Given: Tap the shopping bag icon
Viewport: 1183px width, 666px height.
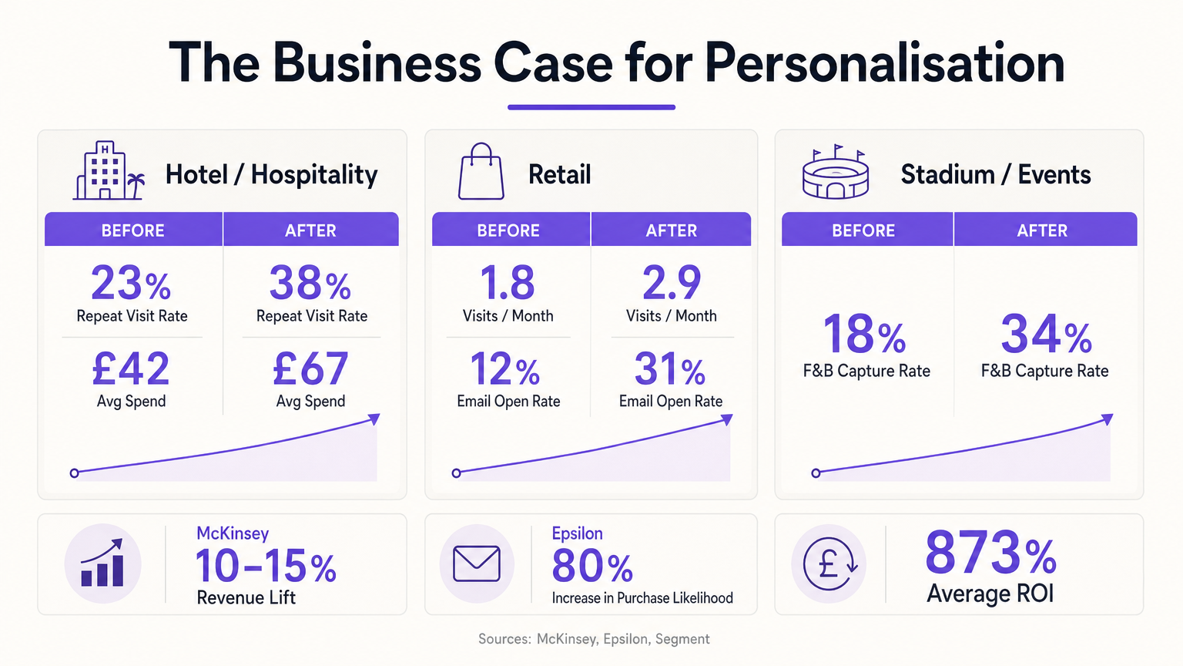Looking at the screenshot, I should (481, 172).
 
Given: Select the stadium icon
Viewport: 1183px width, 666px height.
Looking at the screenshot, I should (835, 173).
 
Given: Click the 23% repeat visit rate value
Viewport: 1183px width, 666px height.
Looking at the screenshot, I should (131, 283).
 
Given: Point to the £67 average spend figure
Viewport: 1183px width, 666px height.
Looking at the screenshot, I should (310, 368).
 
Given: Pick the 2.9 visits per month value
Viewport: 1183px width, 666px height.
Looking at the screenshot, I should (672, 283).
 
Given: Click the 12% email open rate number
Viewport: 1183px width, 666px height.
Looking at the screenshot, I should (505, 369).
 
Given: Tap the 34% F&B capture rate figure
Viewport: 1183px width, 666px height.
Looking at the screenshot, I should (1046, 335).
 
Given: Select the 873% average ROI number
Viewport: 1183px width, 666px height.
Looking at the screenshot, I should (990, 553).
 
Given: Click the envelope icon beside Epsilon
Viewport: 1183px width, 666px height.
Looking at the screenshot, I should (477, 563).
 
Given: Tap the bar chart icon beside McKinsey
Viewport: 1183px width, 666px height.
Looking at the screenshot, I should (102, 563).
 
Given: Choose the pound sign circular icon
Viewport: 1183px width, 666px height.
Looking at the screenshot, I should (829, 563).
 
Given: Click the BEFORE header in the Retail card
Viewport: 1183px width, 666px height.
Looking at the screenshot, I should (508, 230).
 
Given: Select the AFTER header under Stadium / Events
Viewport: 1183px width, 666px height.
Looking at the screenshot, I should (1042, 230).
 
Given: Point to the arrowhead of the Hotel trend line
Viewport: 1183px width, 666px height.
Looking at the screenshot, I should (374, 419).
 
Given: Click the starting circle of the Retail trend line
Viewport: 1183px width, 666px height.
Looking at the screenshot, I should (457, 473).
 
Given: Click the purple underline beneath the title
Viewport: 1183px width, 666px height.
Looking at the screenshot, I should (591, 107).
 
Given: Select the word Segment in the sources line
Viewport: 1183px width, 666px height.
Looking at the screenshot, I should (682, 639).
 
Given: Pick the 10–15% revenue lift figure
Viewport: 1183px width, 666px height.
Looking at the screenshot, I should (266, 567).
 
